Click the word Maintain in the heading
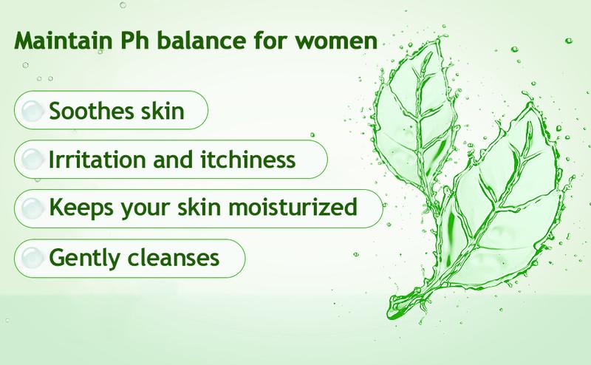tap(64, 41)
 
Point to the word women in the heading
tap(336, 41)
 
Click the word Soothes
tap(92, 112)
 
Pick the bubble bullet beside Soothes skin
tap(32, 111)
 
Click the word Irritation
tap(98, 160)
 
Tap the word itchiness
tap(248, 160)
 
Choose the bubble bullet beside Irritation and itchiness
tap(32, 159)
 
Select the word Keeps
tap(81, 208)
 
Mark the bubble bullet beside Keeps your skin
tap(32, 208)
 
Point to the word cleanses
tap(174, 258)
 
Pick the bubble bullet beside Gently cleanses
tap(32, 258)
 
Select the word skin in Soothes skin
tap(163, 112)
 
